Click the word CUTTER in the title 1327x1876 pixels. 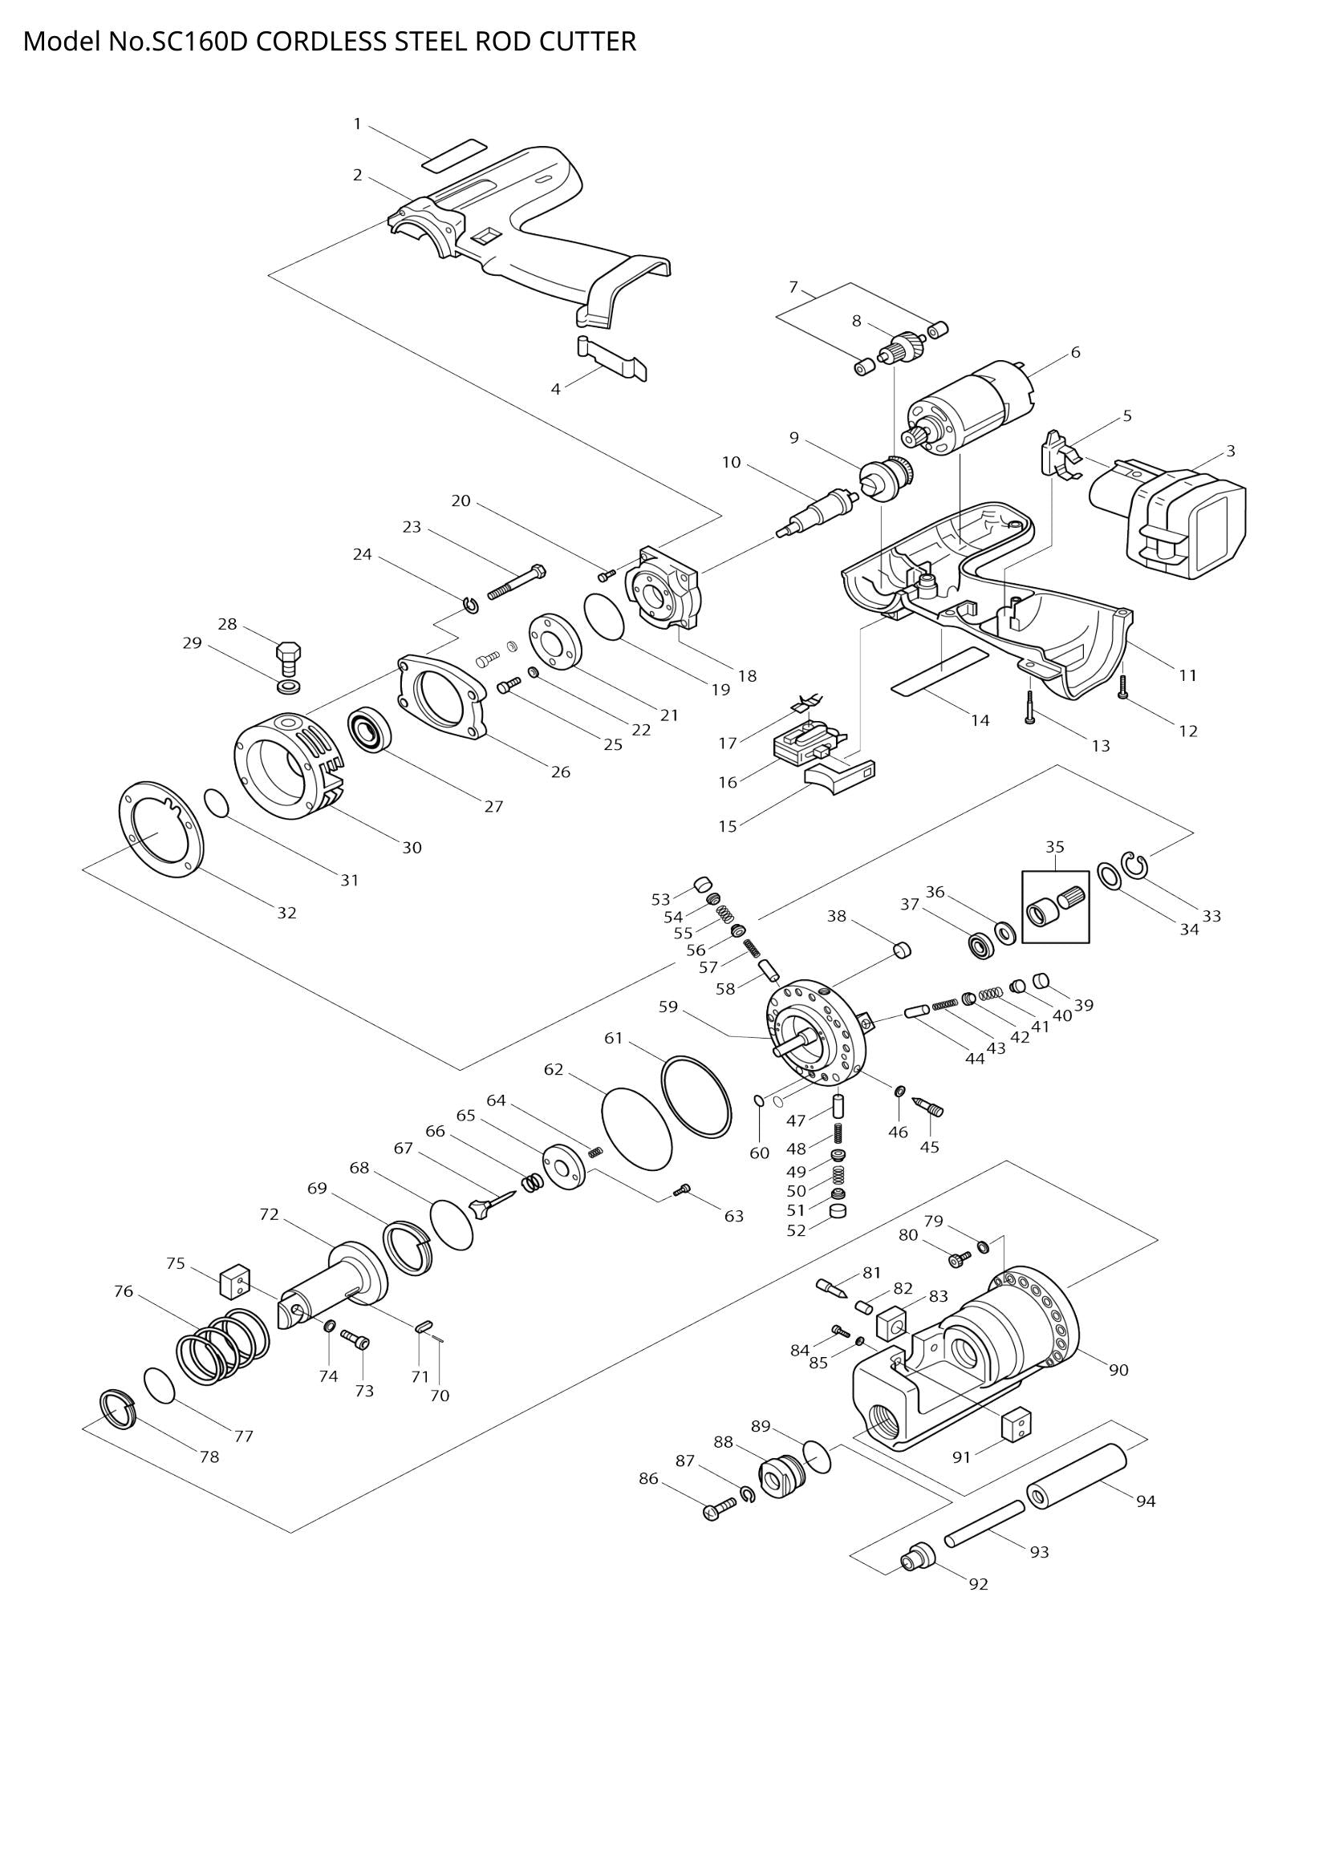click(586, 41)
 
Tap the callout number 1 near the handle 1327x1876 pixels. click(357, 124)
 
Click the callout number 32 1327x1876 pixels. click(286, 913)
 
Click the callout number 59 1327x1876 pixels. click(668, 1007)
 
